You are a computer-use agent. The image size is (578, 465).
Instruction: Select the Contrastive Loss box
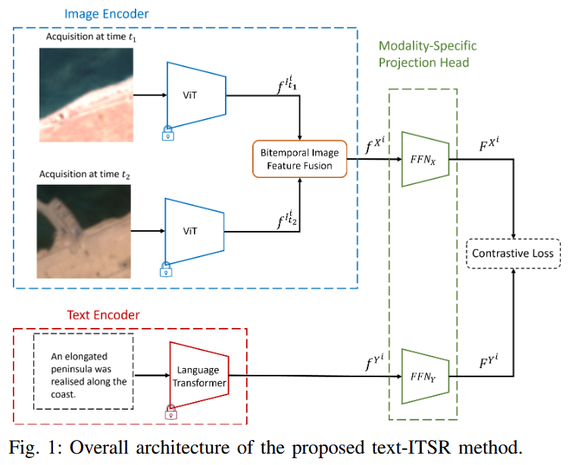(x=515, y=253)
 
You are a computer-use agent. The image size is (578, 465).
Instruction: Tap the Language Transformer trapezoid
(x=198, y=376)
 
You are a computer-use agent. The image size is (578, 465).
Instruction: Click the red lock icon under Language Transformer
(x=171, y=412)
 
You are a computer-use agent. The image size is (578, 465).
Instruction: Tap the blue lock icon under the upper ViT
(x=167, y=134)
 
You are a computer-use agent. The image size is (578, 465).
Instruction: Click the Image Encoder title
(x=106, y=14)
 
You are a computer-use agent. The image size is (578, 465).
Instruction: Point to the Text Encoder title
(x=103, y=314)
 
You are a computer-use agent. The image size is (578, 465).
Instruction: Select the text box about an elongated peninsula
(x=83, y=371)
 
